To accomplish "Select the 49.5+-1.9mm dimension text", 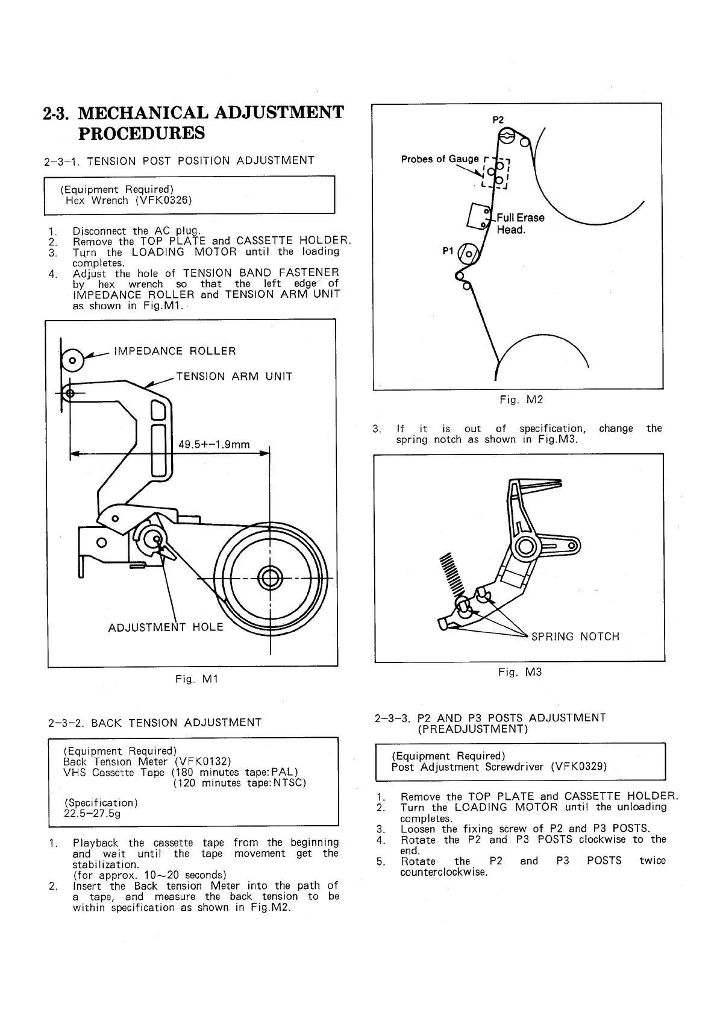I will [x=214, y=445].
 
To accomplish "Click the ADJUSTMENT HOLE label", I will [x=166, y=627].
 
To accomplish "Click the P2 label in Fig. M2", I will [x=498, y=119].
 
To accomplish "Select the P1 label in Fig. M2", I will [x=447, y=251].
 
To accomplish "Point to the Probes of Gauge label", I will [x=440, y=159].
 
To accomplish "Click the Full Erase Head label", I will [x=519, y=224].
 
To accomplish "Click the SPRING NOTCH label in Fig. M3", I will [x=575, y=637].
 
